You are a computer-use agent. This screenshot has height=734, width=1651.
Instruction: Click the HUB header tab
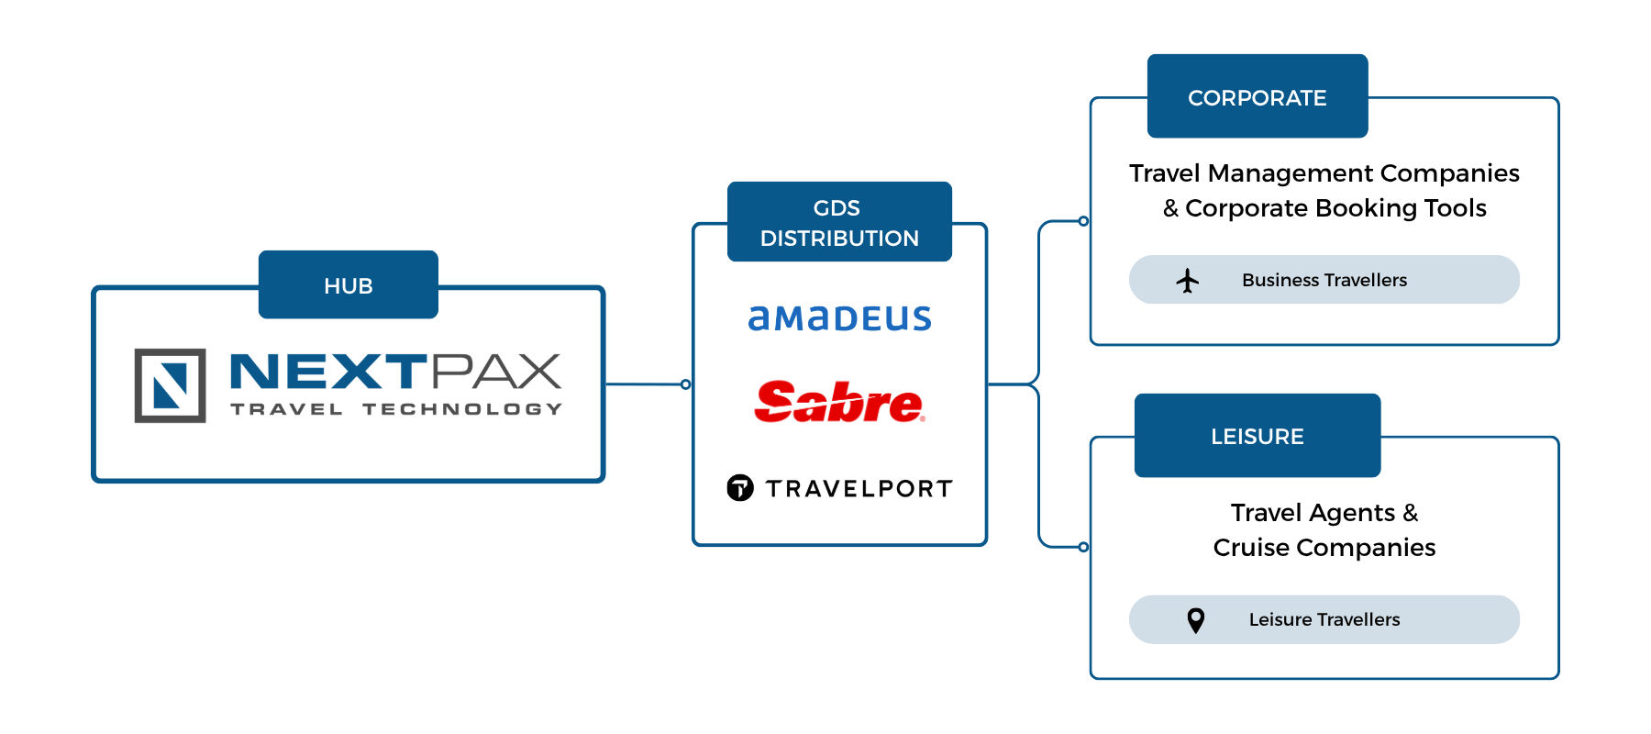pyautogui.click(x=349, y=284)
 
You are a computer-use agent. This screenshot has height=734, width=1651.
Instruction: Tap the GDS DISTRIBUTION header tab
pyautogui.click(x=839, y=222)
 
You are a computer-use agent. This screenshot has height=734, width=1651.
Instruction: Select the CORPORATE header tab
pyautogui.click(x=1258, y=96)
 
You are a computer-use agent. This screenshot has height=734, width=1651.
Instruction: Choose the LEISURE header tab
pyautogui.click(x=1258, y=436)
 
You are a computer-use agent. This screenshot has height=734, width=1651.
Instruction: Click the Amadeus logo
pyautogui.click(x=840, y=317)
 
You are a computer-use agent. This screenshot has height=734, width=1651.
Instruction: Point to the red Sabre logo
pyautogui.click(x=839, y=402)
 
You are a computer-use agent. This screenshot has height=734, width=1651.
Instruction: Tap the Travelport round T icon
pyautogui.click(x=740, y=488)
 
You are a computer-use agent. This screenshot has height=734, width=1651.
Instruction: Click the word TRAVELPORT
pyautogui.click(x=859, y=488)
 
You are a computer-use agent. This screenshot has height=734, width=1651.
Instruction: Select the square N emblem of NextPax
pyautogui.click(x=171, y=385)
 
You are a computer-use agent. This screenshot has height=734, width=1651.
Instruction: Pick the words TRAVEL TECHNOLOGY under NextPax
pyautogui.click(x=396, y=409)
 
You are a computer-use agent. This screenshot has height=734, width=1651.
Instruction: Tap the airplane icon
pyautogui.click(x=1188, y=280)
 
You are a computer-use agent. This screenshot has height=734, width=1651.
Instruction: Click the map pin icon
pyautogui.click(x=1196, y=620)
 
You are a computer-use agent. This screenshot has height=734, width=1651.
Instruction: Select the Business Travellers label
pyautogui.click(x=1324, y=280)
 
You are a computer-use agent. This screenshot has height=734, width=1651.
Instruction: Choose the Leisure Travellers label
pyautogui.click(x=1324, y=619)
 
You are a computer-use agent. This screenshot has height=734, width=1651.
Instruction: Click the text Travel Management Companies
pyautogui.click(x=1324, y=173)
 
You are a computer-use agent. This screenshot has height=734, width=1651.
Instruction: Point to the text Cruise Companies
pyautogui.click(x=1324, y=548)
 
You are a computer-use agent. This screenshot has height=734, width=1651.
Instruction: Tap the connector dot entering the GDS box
pyautogui.click(x=686, y=384)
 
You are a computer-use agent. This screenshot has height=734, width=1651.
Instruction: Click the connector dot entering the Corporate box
pyautogui.click(x=1084, y=221)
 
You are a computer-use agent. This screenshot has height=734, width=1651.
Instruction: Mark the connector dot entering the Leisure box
pyautogui.click(x=1084, y=547)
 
